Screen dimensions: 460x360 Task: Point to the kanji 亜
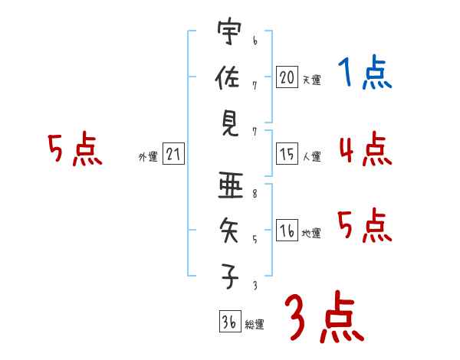coord(228,187)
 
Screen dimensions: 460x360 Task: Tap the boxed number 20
coord(287,77)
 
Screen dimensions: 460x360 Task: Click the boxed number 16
coord(287,231)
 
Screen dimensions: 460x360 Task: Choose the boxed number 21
coord(173,155)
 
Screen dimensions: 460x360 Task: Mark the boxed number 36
coord(228,322)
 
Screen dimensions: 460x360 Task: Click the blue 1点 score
coord(364,74)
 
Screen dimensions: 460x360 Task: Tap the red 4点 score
coord(365,149)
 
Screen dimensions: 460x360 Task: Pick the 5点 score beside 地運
coord(365,225)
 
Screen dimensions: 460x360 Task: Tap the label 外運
coord(147,157)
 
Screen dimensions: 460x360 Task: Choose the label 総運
coord(255,325)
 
